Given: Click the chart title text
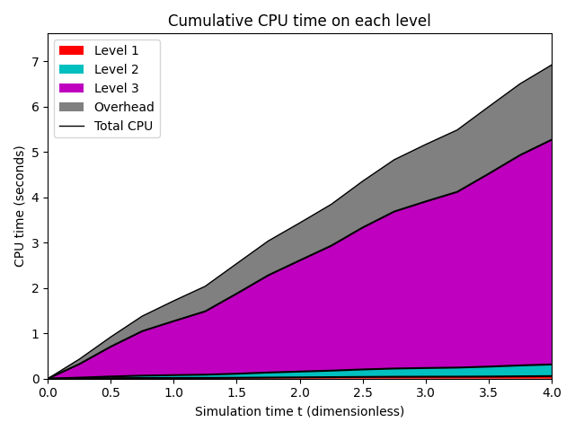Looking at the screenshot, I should click(299, 21).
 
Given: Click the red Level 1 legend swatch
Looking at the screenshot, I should click(73, 51).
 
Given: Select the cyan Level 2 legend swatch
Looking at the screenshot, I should click(73, 70).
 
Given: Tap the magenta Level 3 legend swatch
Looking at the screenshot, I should click(73, 88).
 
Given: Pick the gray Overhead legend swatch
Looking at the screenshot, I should click(73, 107).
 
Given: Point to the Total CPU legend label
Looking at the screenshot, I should click(124, 126).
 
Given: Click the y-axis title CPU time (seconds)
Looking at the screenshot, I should click(20, 207).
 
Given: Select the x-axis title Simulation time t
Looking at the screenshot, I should click(299, 411).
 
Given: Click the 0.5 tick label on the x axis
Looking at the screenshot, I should click(111, 392).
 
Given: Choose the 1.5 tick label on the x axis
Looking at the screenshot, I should click(236, 392).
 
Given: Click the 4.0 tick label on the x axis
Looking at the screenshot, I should click(551, 392).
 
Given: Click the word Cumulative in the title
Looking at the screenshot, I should click(205, 21).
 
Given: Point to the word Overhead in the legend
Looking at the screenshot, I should click(124, 107).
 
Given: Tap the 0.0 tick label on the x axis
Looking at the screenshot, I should click(48, 392).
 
